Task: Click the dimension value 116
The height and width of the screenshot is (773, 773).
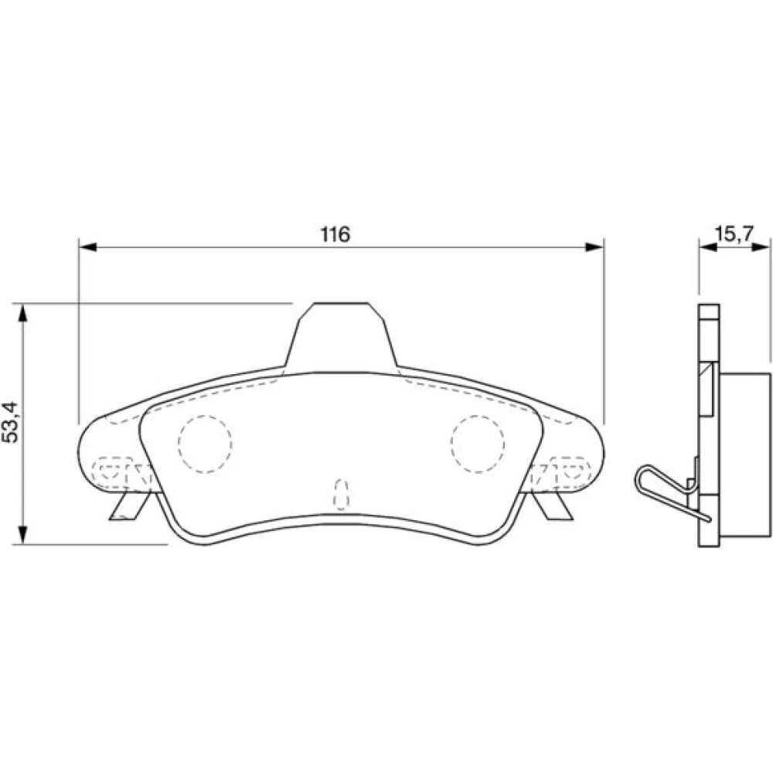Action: click(335, 234)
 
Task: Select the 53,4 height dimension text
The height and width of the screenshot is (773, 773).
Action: click(11, 422)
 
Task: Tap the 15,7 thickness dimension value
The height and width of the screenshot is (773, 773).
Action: click(734, 233)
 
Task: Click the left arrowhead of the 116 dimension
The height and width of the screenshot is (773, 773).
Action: click(88, 247)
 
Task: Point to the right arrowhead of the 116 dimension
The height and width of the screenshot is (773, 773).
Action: click(594, 247)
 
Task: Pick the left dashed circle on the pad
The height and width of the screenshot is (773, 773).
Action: click(205, 444)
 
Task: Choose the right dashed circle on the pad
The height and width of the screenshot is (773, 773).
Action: click(477, 444)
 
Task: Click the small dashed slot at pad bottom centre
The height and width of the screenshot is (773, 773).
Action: click(341, 494)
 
